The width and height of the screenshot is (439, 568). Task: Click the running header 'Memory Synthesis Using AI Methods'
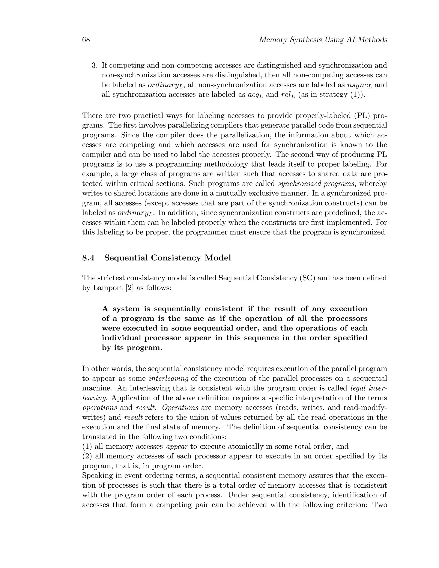pyautogui.click(x=323, y=40)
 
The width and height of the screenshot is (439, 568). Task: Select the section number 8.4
pyautogui.click(x=89, y=258)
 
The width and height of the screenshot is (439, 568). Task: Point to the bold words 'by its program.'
pyautogui.click(x=132, y=348)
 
